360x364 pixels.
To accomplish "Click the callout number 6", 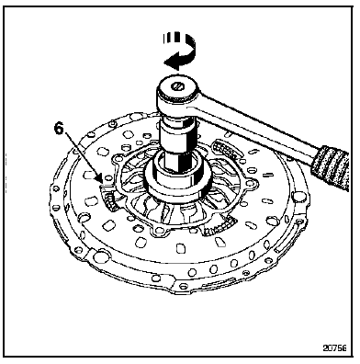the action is [x=59, y=129].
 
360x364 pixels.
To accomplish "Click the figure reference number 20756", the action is [x=334, y=348].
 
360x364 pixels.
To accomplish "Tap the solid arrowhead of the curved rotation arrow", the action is [x=170, y=63].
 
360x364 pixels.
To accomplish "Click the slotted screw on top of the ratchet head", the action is [x=176, y=86].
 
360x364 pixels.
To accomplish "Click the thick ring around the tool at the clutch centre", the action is [x=177, y=184].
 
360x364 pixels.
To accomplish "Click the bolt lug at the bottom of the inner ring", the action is [x=160, y=231].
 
